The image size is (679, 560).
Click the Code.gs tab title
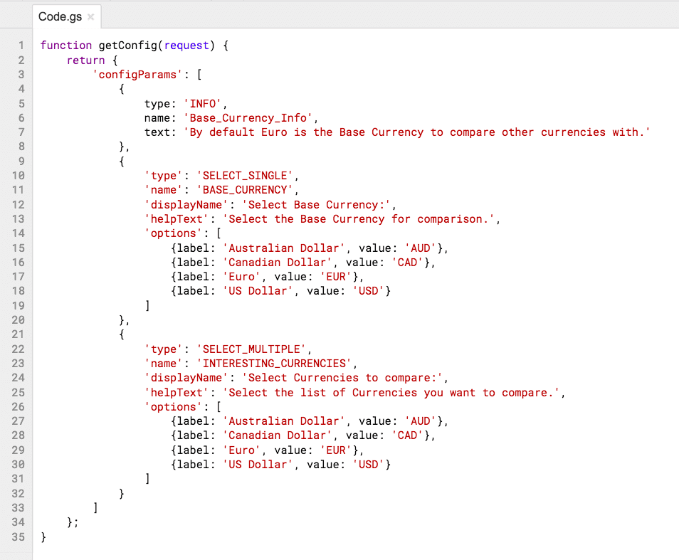coord(60,16)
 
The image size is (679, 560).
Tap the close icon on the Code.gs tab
coord(91,16)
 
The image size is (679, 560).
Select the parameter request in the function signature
coord(186,46)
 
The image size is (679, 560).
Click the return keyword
coord(85,60)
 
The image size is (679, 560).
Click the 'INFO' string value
coord(204,103)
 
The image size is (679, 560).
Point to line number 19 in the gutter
coord(19,306)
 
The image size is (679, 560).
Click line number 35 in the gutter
coord(19,537)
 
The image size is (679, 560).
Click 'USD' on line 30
coord(369,465)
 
